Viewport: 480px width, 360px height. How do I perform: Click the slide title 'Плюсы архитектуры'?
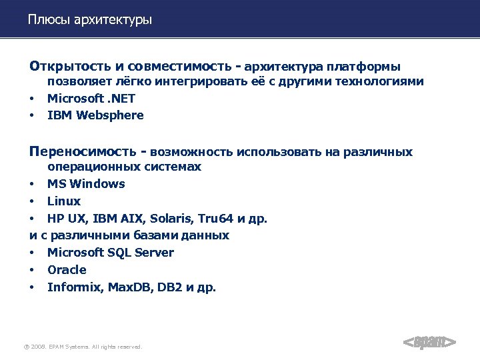pos(90,20)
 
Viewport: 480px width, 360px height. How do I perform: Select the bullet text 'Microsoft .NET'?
pos(91,98)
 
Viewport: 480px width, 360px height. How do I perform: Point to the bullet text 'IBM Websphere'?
pos(95,115)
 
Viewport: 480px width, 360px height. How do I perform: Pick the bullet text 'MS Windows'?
pos(86,184)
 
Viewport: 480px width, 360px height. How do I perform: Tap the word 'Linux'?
pos(64,201)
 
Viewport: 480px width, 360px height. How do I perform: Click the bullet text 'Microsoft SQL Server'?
pos(111,253)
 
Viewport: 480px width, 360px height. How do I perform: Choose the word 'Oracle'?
pos(67,270)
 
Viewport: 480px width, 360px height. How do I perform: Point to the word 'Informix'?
pos(71,287)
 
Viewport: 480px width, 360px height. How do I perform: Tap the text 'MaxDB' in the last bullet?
pos(122,287)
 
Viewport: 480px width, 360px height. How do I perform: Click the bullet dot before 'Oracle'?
pos(31,271)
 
